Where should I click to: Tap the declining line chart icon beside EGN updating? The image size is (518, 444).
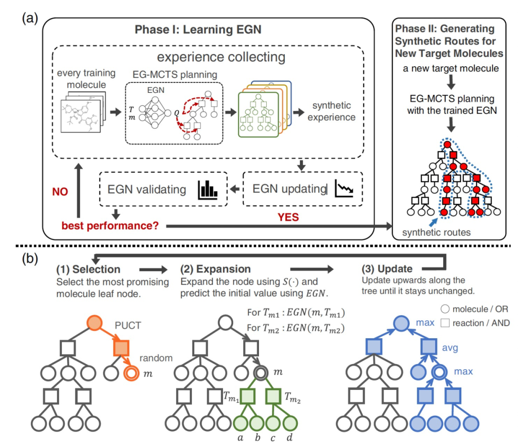pos(344,188)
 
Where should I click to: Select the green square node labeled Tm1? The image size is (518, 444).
pos(247,396)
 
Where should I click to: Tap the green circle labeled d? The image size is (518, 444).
pos(290,423)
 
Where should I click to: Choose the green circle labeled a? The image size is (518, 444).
pos(240,423)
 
